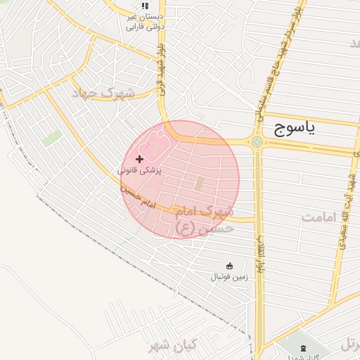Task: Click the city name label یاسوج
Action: point(292,127)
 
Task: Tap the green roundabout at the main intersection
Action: point(257,142)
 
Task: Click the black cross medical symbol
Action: point(139,160)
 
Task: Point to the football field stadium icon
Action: point(229,265)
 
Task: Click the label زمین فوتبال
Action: point(230,277)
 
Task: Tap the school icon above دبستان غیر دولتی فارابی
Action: point(145,6)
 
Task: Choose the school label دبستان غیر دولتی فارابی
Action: point(144,22)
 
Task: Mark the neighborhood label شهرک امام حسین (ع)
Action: point(203,219)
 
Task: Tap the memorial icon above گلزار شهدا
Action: point(304,348)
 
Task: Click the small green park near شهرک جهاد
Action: point(50,139)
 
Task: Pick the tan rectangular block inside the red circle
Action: point(198,184)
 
